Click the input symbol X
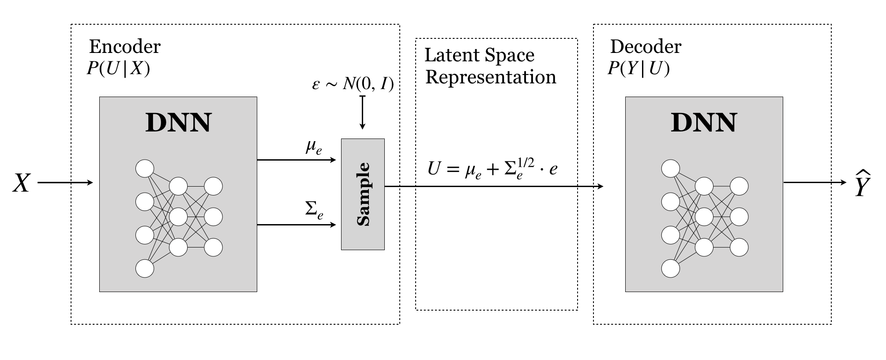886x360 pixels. tap(21, 183)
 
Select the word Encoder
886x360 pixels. tap(125, 46)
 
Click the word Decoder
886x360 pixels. tap(646, 46)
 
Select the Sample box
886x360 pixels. tap(363, 194)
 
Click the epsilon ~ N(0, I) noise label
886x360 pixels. tap(353, 84)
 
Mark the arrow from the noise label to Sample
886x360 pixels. tap(362, 112)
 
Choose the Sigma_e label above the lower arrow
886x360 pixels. tap(314, 210)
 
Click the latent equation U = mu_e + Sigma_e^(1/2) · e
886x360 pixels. tap(492, 169)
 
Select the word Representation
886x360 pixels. tap(490, 77)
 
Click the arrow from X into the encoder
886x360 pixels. tap(65, 182)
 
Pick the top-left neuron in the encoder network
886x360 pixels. tap(145, 169)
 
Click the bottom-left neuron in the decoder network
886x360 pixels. tap(671, 268)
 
